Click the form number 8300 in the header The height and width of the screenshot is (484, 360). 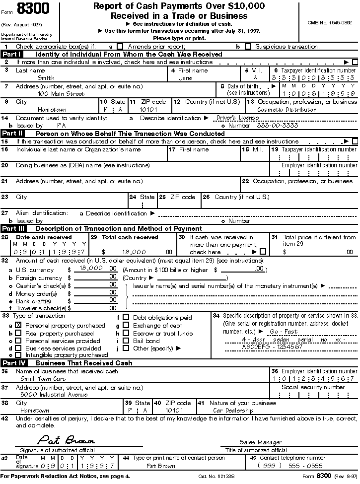pos(30,9)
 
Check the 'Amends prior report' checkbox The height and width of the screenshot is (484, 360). pos(120,47)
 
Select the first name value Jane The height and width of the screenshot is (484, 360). pos(185,78)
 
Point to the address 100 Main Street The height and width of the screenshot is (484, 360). pos(61,93)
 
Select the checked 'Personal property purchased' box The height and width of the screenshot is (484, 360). pos(18,325)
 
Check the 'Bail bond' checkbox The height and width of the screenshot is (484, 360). pos(126,341)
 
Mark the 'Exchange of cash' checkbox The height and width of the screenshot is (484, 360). pos(126,326)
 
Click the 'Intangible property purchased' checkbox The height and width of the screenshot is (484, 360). pos(18,355)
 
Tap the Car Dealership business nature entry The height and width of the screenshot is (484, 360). pos(233,411)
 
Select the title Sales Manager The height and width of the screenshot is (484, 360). pos(261,442)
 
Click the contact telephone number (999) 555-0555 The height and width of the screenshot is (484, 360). pos(290,466)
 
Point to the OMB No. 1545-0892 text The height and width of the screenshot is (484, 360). pos(329,22)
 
